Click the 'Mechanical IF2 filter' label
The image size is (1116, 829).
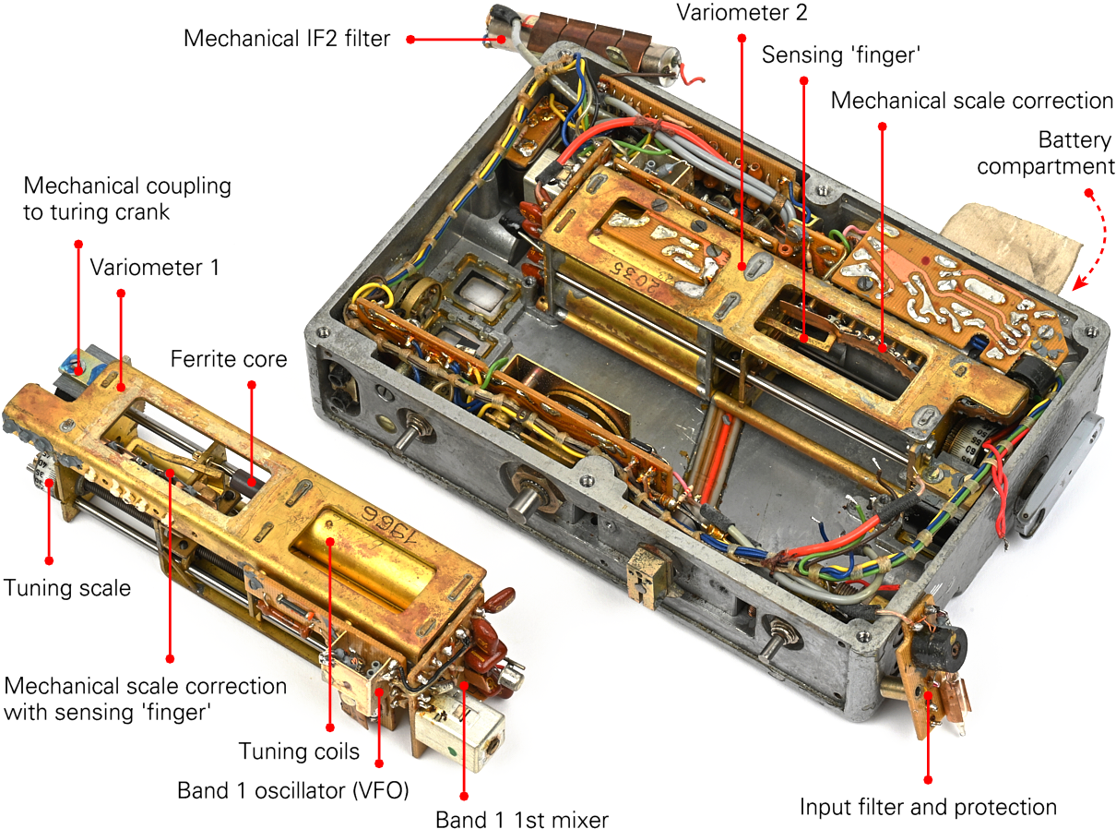coord(287,39)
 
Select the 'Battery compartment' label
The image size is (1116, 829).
coord(1046,153)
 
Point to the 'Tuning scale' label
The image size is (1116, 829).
coord(67,588)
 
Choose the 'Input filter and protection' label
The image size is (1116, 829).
coord(928,807)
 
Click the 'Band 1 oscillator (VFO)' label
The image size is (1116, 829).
coord(292,791)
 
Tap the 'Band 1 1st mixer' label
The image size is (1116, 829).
coord(522,819)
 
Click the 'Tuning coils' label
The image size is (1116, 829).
coord(299,751)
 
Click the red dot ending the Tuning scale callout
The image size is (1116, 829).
coord(49,559)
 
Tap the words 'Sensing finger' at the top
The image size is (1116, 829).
coord(841,54)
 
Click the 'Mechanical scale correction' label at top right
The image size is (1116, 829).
coord(972,100)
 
